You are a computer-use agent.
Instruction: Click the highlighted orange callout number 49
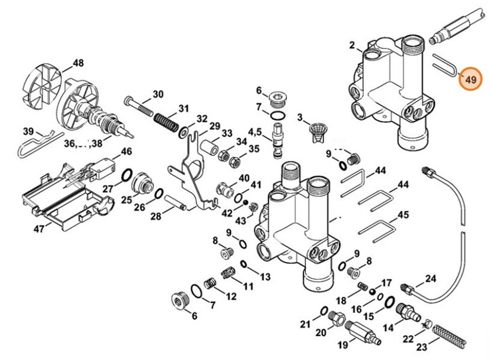(x=470, y=80)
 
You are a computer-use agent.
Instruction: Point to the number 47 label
(x=39, y=229)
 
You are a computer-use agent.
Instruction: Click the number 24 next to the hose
(x=431, y=278)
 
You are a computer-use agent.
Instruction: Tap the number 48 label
(x=78, y=64)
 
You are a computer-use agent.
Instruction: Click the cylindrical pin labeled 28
(x=174, y=198)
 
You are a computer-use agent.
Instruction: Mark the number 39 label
(x=29, y=131)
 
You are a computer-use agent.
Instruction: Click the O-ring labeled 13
(x=245, y=265)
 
